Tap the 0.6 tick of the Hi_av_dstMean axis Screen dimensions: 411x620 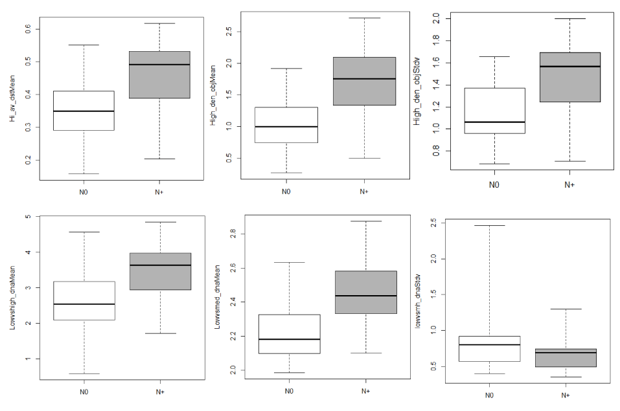click(x=29, y=28)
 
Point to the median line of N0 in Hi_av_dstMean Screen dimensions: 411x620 click(x=84, y=111)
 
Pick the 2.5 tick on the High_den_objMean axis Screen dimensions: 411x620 click(x=230, y=31)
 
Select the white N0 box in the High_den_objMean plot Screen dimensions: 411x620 click(x=286, y=125)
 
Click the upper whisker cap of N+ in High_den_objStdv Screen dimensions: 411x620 click(x=569, y=19)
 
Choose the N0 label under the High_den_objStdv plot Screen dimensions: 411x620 click(x=494, y=184)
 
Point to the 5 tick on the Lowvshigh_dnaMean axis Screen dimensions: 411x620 click(x=29, y=217)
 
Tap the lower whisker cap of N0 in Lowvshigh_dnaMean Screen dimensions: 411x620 click(x=84, y=373)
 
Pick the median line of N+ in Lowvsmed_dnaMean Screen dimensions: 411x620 click(x=365, y=296)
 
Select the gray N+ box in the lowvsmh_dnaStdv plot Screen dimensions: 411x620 click(x=566, y=358)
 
